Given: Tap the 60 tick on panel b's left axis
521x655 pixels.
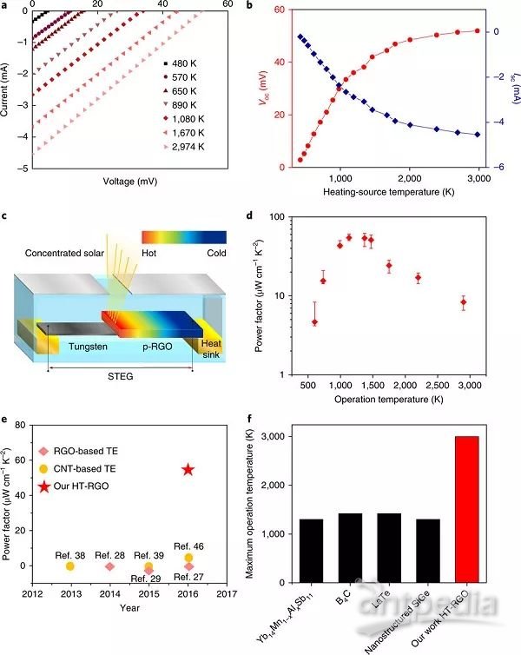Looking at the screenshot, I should pyautogui.click(x=279, y=10).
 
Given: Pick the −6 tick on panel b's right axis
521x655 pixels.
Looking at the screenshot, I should pyautogui.click(x=501, y=168).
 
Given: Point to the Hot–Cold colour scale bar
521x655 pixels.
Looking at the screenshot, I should pyautogui.click(x=184, y=237).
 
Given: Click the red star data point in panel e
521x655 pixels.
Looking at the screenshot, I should pyautogui.click(x=188, y=469).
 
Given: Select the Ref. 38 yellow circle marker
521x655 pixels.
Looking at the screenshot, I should pyautogui.click(x=70, y=566).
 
